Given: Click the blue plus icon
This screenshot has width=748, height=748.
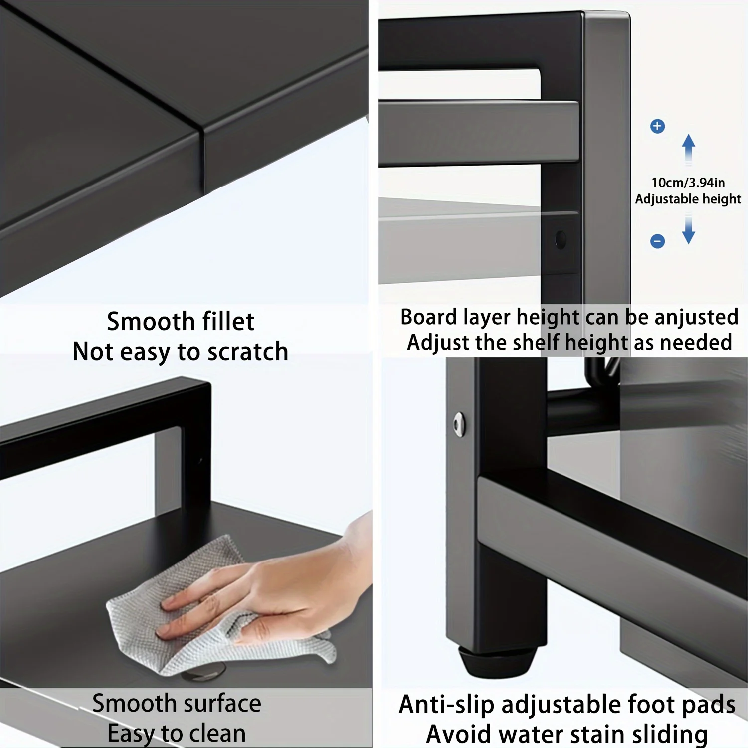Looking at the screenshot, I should pyautogui.click(x=657, y=126).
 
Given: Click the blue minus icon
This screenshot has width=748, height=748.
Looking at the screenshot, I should pyautogui.click(x=657, y=241).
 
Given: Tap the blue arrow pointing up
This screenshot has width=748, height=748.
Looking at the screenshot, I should pyautogui.click(x=689, y=148).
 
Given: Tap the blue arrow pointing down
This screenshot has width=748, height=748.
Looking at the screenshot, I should pyautogui.click(x=689, y=230).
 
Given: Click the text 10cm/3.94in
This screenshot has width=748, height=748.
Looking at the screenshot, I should pyautogui.click(x=688, y=183).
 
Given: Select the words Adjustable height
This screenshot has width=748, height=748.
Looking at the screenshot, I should pyautogui.click(x=688, y=199).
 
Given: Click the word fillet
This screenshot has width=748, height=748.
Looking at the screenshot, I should pyautogui.click(x=228, y=321).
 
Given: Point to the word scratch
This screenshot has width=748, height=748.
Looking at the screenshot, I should pyautogui.click(x=248, y=352).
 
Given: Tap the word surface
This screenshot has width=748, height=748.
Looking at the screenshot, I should pyautogui.click(x=221, y=704).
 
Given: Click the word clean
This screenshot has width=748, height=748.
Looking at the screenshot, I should pyautogui.click(x=217, y=734).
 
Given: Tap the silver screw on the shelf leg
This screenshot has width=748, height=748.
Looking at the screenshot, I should pyautogui.click(x=459, y=424).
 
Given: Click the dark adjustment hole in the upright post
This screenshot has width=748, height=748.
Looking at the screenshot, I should pyautogui.click(x=561, y=240).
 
